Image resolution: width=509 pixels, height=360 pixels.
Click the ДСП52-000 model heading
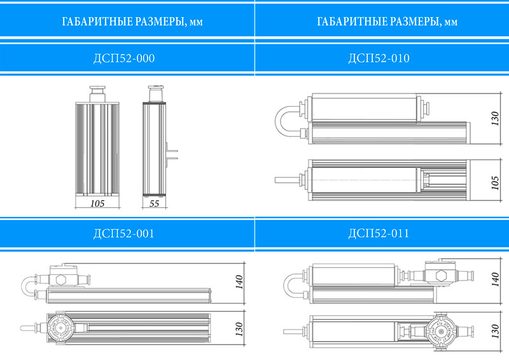(x=124, y=59)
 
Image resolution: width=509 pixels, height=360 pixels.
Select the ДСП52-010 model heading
(x=379, y=59)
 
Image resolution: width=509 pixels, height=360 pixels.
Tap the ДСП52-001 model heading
(x=124, y=233)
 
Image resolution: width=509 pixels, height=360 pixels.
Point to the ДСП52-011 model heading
(x=379, y=233)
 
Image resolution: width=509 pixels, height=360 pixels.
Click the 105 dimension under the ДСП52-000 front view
(x=97, y=204)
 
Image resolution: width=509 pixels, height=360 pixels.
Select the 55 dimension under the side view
(x=154, y=204)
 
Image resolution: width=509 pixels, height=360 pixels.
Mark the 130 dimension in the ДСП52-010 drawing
(x=495, y=118)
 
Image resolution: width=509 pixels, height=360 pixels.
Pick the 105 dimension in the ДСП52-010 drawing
(x=495, y=183)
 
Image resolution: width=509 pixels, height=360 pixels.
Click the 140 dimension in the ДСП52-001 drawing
(x=239, y=282)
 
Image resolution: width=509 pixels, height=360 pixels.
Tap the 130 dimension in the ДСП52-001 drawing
(x=239, y=329)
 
